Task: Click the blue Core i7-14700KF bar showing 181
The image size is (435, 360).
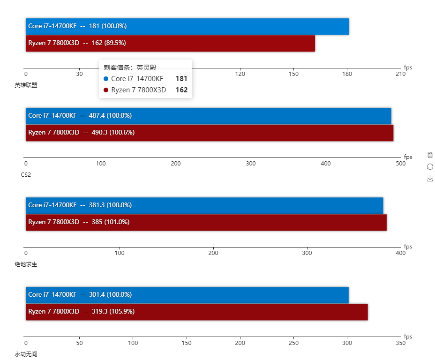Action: pyautogui.click(x=187, y=26)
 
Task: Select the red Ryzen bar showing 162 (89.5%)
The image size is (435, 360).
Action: pyautogui.click(x=170, y=43)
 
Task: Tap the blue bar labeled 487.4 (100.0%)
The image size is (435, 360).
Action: pyautogui.click(x=209, y=116)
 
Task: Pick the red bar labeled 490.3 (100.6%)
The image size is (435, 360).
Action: pyautogui.click(x=210, y=133)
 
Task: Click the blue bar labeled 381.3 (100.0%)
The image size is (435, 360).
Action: pyautogui.click(x=204, y=205)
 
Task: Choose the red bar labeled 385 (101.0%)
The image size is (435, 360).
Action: pyautogui.click(x=206, y=222)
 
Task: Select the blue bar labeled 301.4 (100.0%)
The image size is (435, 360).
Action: pyautogui.click(x=187, y=295)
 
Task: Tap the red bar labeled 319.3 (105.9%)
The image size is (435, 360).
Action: pyautogui.click(x=197, y=312)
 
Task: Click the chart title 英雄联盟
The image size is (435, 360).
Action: pyautogui.click(x=26, y=85)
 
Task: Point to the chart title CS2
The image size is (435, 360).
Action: pyautogui.click(x=26, y=175)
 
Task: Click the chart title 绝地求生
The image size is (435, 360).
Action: pyautogui.click(x=26, y=264)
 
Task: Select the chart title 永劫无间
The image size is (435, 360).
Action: pyautogui.click(x=26, y=354)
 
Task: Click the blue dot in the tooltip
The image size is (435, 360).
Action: pyautogui.click(x=106, y=79)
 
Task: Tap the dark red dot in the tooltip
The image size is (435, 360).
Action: pyautogui.click(x=106, y=90)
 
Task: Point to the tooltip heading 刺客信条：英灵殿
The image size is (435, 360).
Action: pyautogui.click(x=130, y=67)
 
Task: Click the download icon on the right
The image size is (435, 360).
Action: pyautogui.click(x=430, y=179)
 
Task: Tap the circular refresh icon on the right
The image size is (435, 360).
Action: pyautogui.click(x=430, y=166)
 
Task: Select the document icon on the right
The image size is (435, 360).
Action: pyautogui.click(x=430, y=155)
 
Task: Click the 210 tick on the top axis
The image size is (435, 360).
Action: pyautogui.click(x=400, y=74)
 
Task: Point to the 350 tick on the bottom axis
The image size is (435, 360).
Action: pyautogui.click(x=400, y=343)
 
